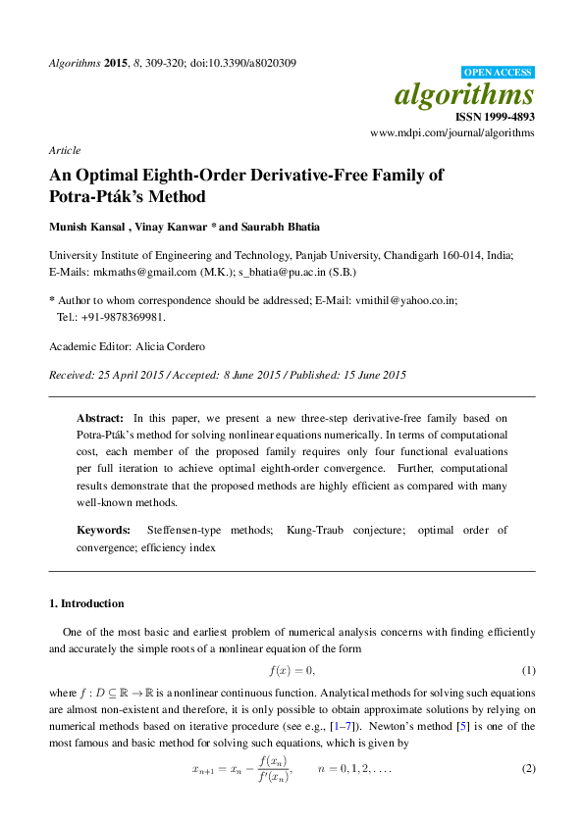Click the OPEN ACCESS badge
point(498,73)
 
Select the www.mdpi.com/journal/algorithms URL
point(452,132)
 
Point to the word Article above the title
point(64,150)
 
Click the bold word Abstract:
point(100,418)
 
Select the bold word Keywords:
point(103,530)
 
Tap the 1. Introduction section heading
point(86,602)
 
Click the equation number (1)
point(528,670)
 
